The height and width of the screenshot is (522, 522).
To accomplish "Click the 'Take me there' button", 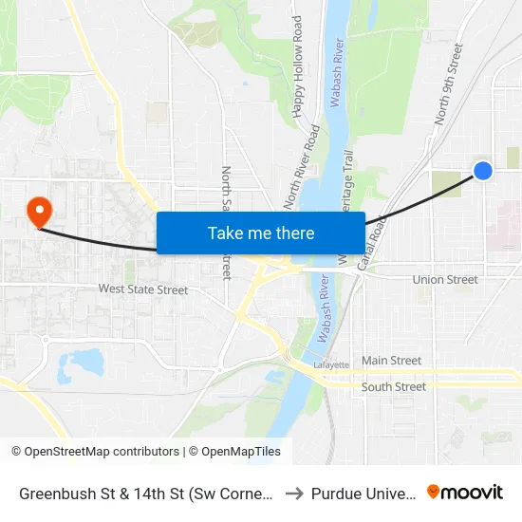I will pos(261,233).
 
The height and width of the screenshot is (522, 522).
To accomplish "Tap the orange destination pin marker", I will pos(39,211).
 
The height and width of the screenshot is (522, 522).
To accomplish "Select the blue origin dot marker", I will pos(482,171).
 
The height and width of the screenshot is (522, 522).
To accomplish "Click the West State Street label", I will pos(143,289).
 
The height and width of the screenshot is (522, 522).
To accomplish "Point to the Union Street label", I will pos(445,280).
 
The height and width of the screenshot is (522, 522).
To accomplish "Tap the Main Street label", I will pos(391,361).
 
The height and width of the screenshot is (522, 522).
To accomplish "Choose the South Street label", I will pos(394,387).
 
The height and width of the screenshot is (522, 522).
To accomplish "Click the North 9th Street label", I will pos(448,84).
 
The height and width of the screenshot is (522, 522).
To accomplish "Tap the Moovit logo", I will pos(464,492).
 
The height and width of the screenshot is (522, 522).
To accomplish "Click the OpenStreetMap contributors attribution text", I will pos(95,452).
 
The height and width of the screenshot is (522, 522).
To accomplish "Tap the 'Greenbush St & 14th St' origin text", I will pos(146,494).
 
